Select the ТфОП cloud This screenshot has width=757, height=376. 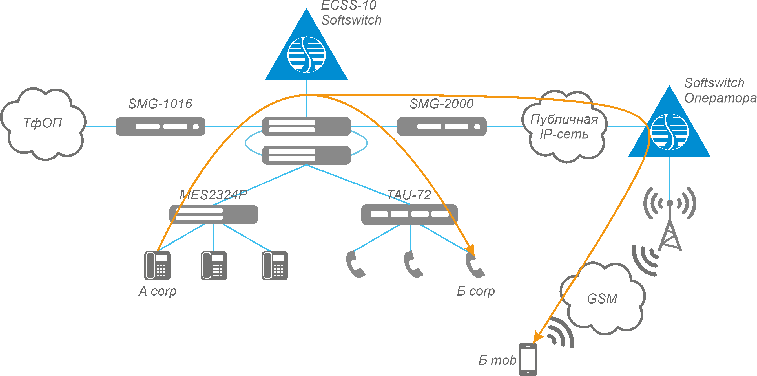point(43,124)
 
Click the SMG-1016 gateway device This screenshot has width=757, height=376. point(160,127)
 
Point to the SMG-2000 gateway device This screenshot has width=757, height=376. point(441,127)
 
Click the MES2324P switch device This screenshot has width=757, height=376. point(214,214)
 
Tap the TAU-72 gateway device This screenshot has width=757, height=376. point(409,214)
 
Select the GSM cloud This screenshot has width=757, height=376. point(603,299)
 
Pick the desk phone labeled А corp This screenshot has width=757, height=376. point(157,265)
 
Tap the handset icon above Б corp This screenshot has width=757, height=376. point(474,265)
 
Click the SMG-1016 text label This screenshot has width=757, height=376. point(160,104)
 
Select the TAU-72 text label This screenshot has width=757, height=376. point(409,195)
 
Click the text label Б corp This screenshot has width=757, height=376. point(476,291)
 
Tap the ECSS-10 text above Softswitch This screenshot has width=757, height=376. point(349,5)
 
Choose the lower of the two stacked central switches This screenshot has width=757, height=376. point(306,155)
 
